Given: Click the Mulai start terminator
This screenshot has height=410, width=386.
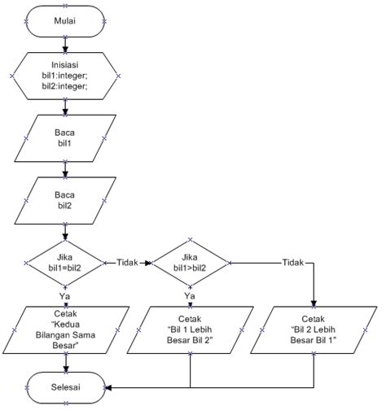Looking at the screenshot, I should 64,22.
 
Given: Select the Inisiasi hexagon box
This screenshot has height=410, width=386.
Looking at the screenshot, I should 64,76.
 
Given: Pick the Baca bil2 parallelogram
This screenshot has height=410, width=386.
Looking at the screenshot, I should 64,199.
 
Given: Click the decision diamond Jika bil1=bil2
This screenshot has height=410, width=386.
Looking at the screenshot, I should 64,262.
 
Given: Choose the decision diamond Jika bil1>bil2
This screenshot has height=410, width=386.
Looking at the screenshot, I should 190,262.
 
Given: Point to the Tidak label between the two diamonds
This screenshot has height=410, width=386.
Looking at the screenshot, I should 125,262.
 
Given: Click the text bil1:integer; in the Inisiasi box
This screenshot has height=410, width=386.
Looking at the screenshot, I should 64,76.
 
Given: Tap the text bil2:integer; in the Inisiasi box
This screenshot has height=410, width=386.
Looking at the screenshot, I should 64,86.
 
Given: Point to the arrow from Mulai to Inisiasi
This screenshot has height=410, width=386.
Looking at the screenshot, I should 64,45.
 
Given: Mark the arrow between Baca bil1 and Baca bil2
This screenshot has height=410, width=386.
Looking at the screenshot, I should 64,168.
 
